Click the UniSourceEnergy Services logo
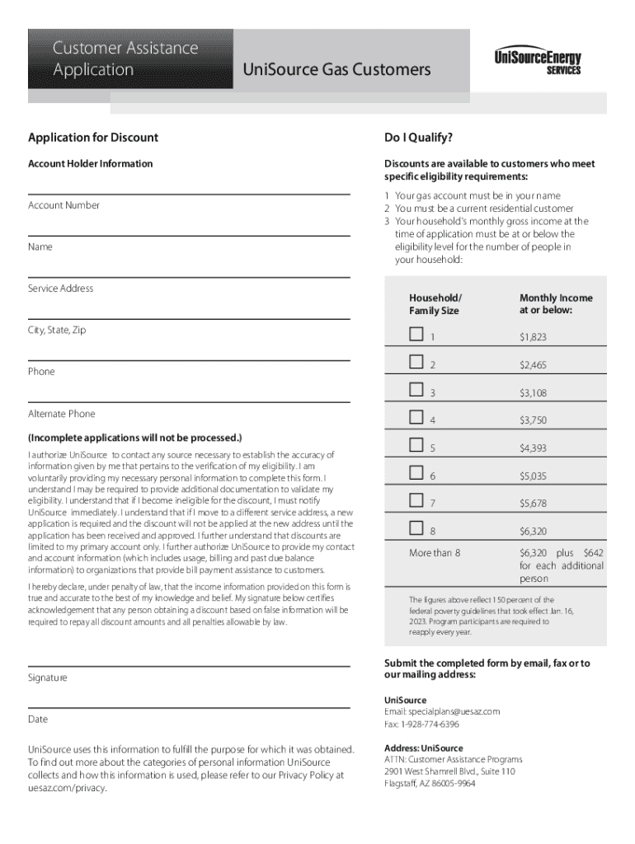click(x=538, y=62)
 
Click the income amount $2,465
click(x=533, y=365)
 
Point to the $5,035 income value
click(x=533, y=476)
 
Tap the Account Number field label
click(x=63, y=205)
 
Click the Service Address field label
click(x=60, y=288)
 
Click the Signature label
click(x=48, y=678)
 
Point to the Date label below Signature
click(x=38, y=719)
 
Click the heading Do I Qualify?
click(x=418, y=138)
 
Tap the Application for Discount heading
click(x=93, y=138)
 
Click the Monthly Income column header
click(x=556, y=304)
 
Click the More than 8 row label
click(x=435, y=553)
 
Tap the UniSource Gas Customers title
click(x=336, y=70)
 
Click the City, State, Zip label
click(x=57, y=330)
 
